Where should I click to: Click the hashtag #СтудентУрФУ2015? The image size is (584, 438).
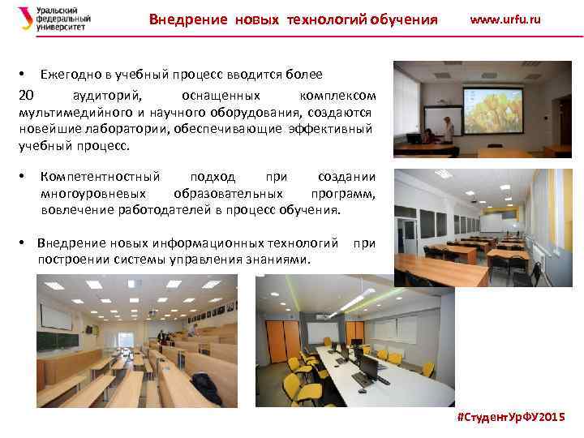coord(511,415)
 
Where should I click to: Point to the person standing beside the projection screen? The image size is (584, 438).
coord(449,132)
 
